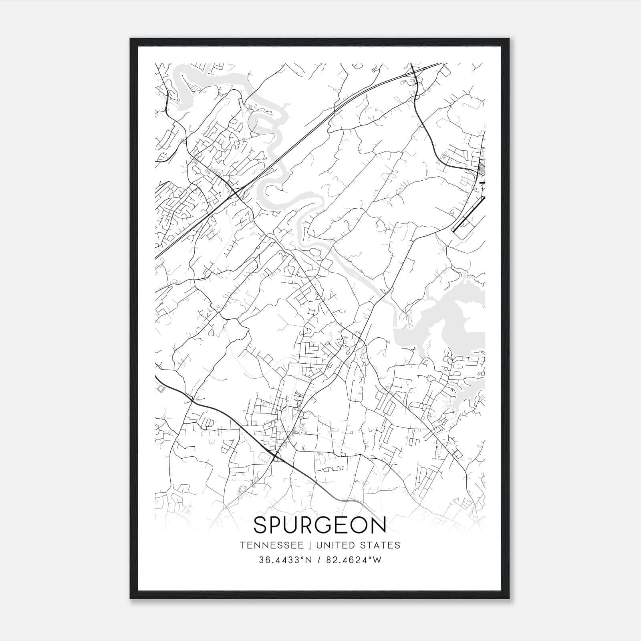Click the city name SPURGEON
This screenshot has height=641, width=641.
(320, 525)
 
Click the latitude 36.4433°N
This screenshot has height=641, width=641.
(285, 560)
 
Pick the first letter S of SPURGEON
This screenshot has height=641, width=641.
(260, 525)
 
